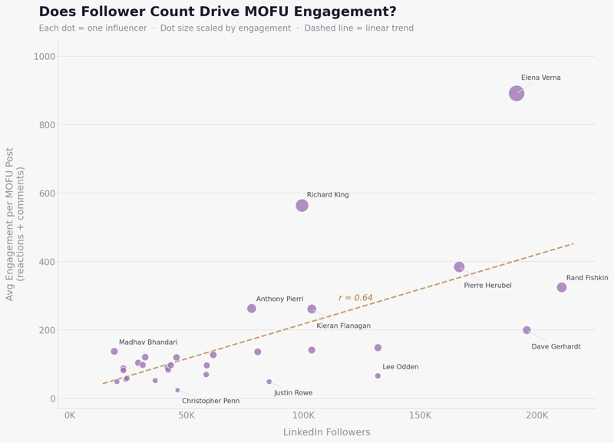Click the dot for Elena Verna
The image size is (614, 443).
coord(517,93)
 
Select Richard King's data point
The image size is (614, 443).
coord(302,205)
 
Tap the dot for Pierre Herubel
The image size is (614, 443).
coord(459,267)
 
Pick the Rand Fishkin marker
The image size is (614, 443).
coord(562,287)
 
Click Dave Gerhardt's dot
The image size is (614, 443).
coord(527,330)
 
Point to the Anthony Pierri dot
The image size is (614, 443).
coord(252,309)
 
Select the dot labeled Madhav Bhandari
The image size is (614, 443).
coord(114,352)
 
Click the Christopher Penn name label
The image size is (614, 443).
coord(210,401)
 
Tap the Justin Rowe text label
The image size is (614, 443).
coord(293,393)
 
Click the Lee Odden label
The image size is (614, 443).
coord(401,367)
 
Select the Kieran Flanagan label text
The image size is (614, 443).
coord(343,326)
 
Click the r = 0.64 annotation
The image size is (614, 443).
coord(355,298)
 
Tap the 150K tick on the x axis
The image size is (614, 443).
coord(420,416)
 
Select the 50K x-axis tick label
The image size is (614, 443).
coord(187,416)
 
